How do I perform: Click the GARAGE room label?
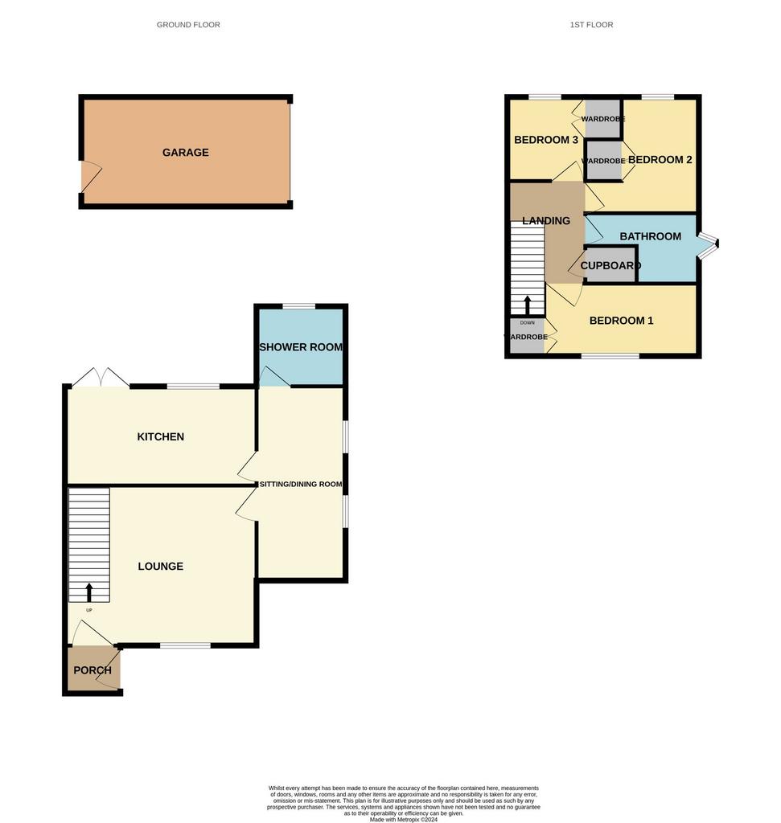(x=186, y=152)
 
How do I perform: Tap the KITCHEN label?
(x=160, y=436)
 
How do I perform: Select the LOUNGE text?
(x=160, y=567)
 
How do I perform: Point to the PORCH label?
(x=92, y=670)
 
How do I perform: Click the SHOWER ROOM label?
(x=301, y=347)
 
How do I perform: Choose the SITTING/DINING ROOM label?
(x=301, y=484)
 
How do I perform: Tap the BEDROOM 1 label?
(x=621, y=321)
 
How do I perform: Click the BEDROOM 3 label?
(x=546, y=140)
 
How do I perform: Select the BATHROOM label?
(x=650, y=236)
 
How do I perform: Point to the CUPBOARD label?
(x=610, y=265)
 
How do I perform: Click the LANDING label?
(x=546, y=221)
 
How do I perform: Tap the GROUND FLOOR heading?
(x=188, y=25)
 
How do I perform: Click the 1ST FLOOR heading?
(x=591, y=25)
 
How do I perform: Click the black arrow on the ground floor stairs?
(x=89, y=592)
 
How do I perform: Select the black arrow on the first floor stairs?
(x=528, y=305)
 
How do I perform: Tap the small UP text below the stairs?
(x=89, y=610)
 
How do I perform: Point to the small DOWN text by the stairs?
(x=528, y=323)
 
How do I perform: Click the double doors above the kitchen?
(x=101, y=378)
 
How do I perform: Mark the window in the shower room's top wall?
(x=299, y=306)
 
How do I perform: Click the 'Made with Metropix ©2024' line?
(x=403, y=819)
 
